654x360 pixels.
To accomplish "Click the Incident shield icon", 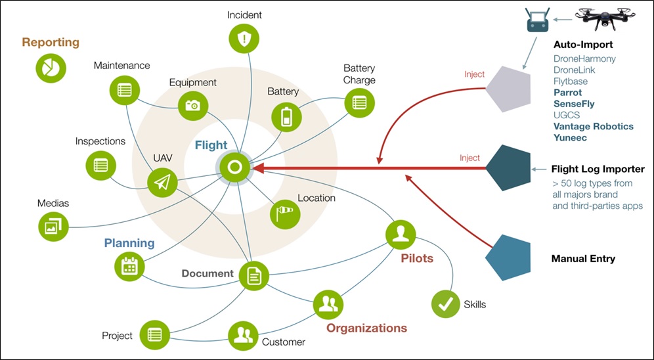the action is click(244, 38).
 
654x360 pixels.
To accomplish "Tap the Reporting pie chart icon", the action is click(51, 68).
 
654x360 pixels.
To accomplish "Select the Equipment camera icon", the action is click(193, 106).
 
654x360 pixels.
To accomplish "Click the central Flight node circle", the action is click(235, 168).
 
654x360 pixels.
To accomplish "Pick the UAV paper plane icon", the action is click(162, 183).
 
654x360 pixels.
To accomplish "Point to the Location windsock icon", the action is click(285, 214).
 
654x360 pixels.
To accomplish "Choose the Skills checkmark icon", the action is click(445, 304).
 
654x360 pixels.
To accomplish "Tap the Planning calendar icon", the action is click(129, 266).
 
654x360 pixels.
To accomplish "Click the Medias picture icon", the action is click(53, 226).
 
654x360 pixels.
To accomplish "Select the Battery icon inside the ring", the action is click(286, 117).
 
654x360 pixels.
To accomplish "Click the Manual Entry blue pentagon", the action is click(508, 258).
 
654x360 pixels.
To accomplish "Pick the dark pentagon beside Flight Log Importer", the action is click(508, 168).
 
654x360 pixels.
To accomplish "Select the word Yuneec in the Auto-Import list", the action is click(570, 138).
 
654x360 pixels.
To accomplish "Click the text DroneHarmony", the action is click(584, 59).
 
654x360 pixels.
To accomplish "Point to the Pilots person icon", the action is click(401, 235).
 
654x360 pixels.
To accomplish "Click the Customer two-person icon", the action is click(243, 336).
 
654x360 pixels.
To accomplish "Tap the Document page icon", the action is click(254, 276).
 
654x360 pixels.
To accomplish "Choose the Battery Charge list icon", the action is click(360, 102).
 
